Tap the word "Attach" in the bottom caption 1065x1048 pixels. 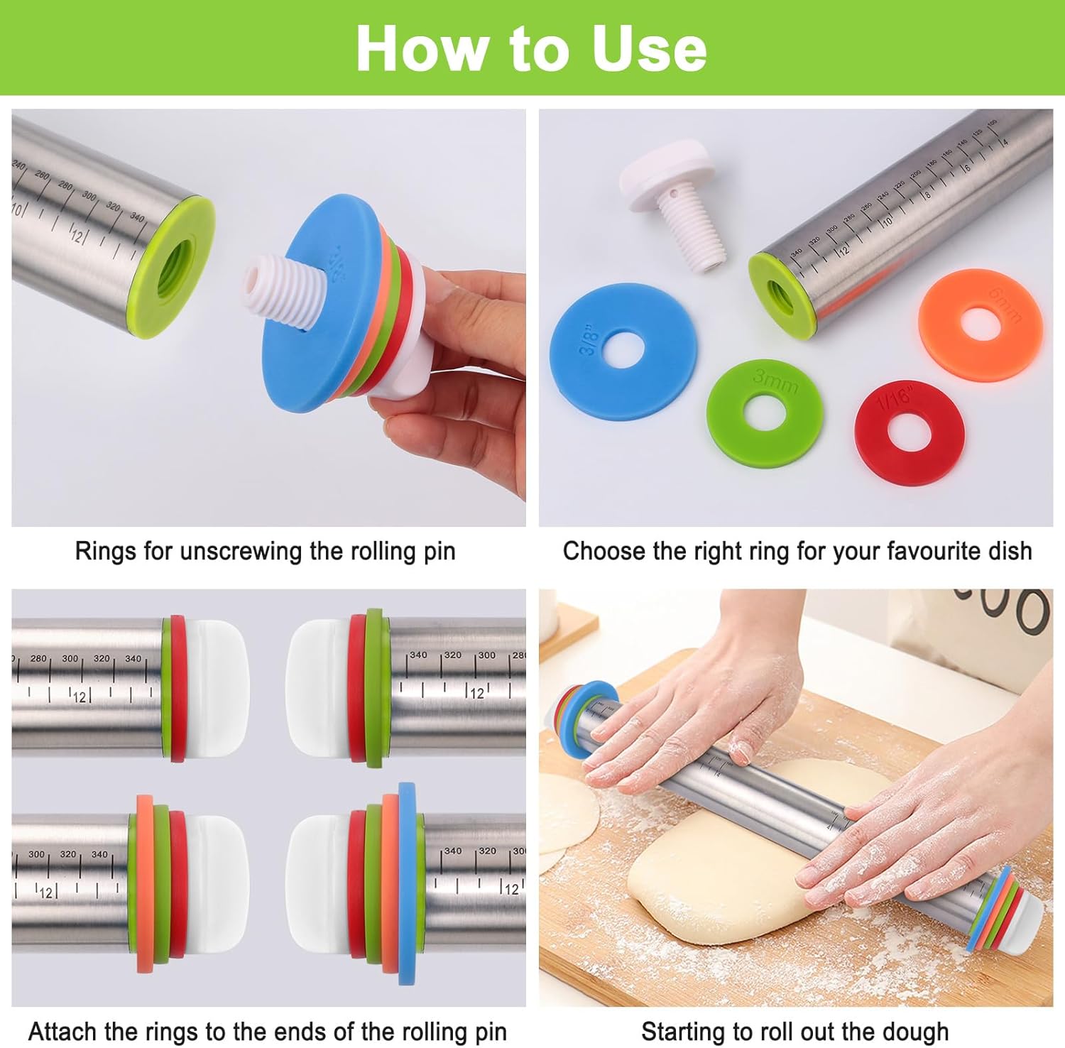[62, 1032]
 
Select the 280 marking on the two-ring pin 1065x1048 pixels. [38, 659]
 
